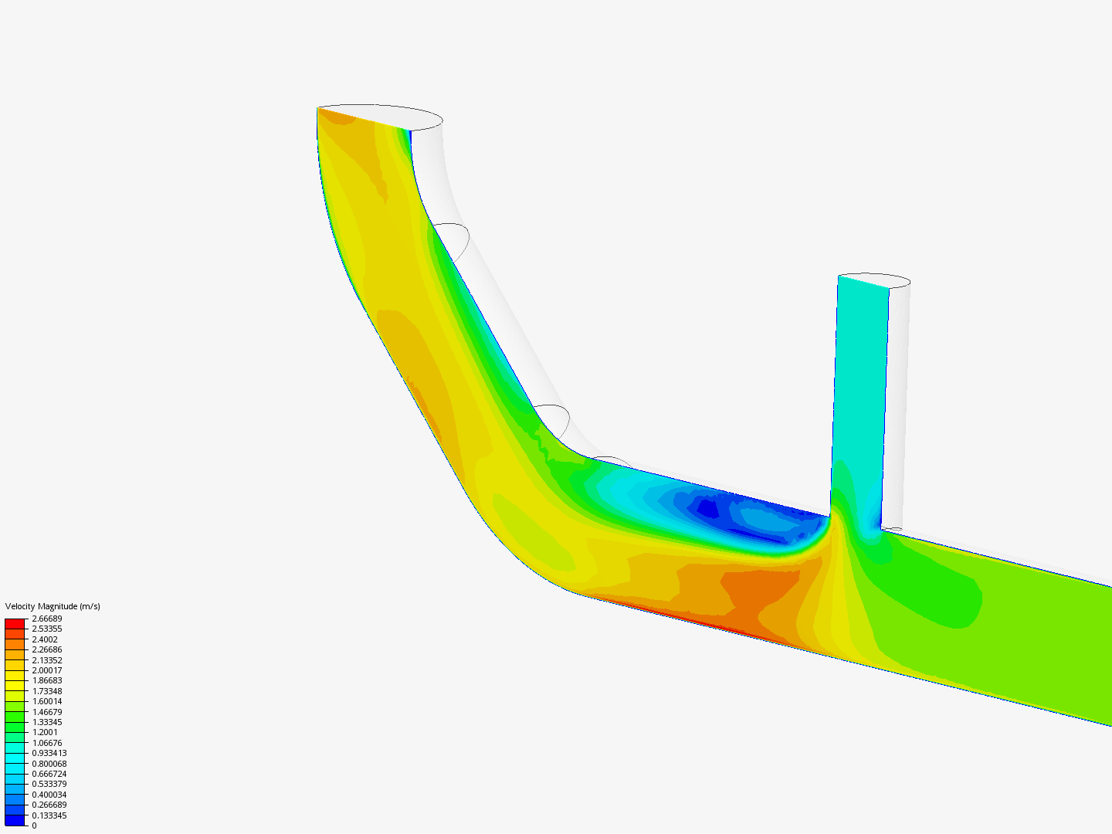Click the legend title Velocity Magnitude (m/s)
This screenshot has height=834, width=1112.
coord(53,606)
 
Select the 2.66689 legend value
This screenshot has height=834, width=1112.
coord(46,619)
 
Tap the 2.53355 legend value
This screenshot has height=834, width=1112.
coord(46,629)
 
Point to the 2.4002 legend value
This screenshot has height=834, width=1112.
coord(45,639)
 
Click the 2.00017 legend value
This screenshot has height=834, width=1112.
coord(46,670)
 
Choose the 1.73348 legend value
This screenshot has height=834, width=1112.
coord(46,691)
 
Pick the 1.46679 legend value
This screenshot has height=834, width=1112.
coord(46,712)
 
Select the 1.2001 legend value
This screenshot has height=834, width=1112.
coord(45,732)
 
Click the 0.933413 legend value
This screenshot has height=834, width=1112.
coord(49,753)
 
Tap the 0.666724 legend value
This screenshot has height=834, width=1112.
coord(49,774)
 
